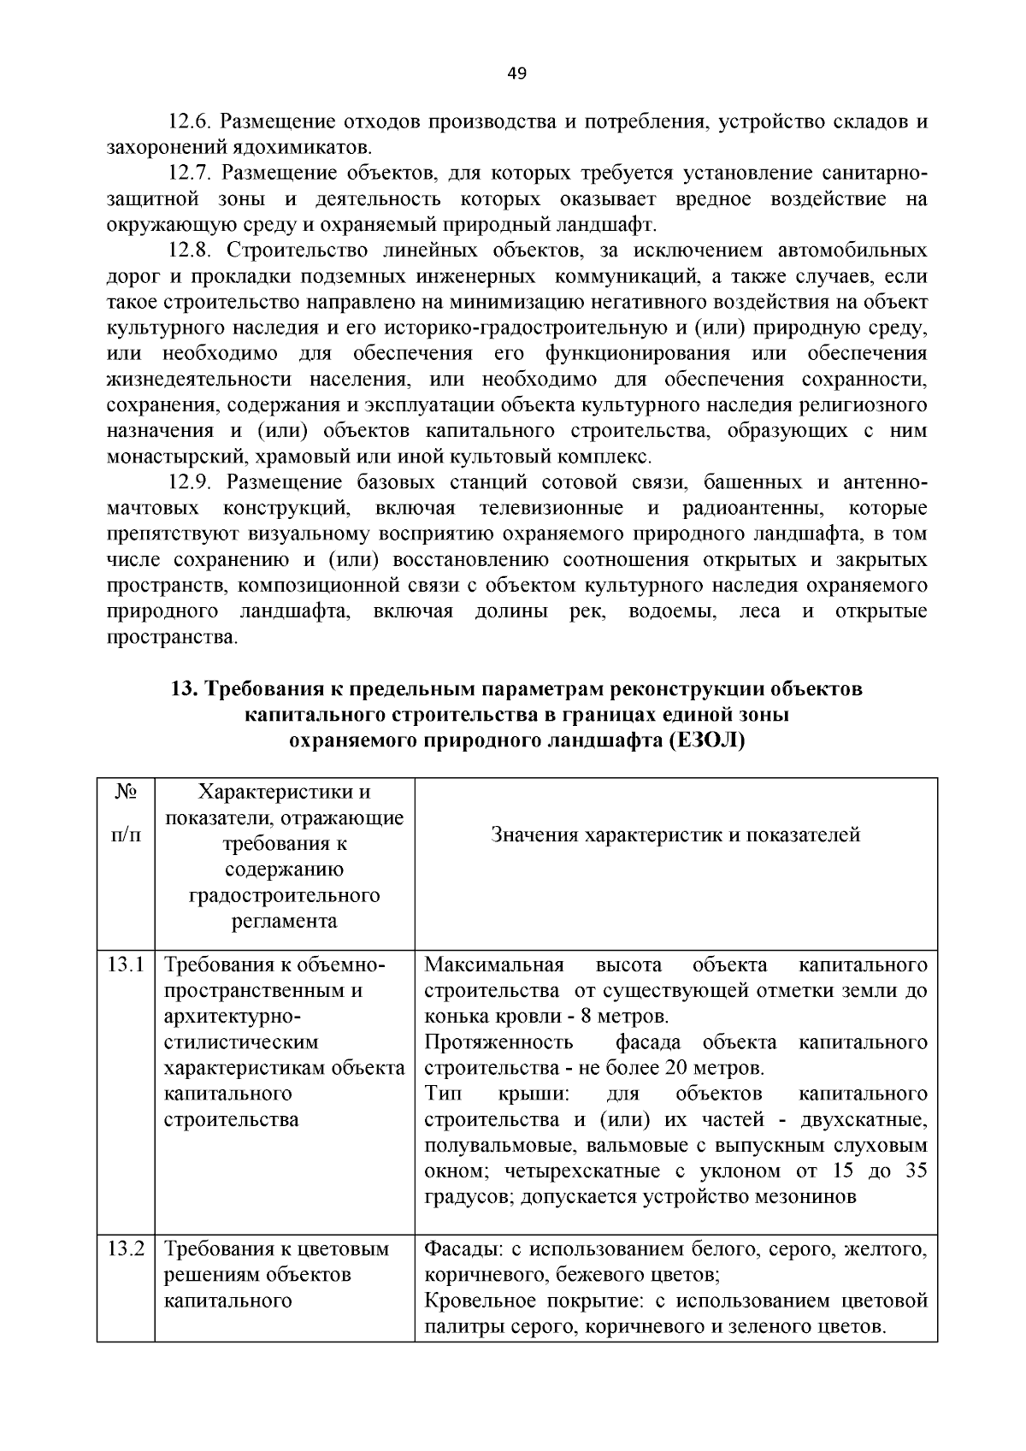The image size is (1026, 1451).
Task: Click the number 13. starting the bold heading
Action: tap(184, 689)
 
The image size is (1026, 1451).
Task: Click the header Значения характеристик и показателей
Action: tap(675, 835)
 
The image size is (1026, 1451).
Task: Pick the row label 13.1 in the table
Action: tap(125, 965)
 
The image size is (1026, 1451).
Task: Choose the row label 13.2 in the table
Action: tap(125, 1249)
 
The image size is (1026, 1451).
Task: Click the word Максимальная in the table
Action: tap(494, 965)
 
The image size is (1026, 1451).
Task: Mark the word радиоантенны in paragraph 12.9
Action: tap(753, 509)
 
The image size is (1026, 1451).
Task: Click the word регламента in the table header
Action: tap(284, 922)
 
